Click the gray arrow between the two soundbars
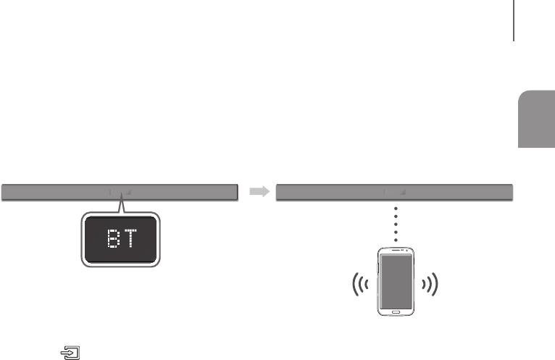(258, 192)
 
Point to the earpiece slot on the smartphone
(395, 250)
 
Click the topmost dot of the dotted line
(395, 207)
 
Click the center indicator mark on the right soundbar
(385, 193)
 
